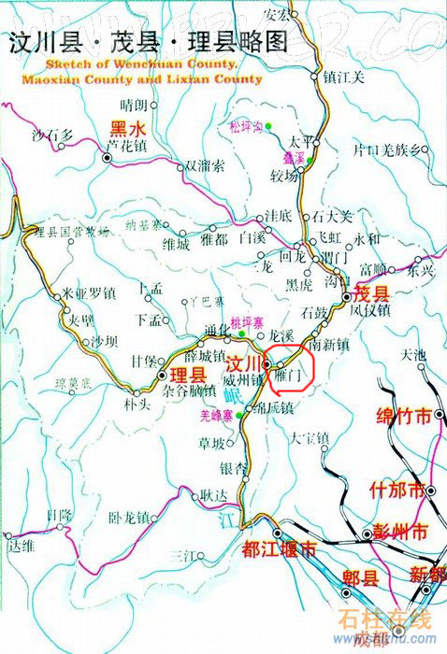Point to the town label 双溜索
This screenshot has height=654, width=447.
204,165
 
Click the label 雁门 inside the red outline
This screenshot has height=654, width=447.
290,373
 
